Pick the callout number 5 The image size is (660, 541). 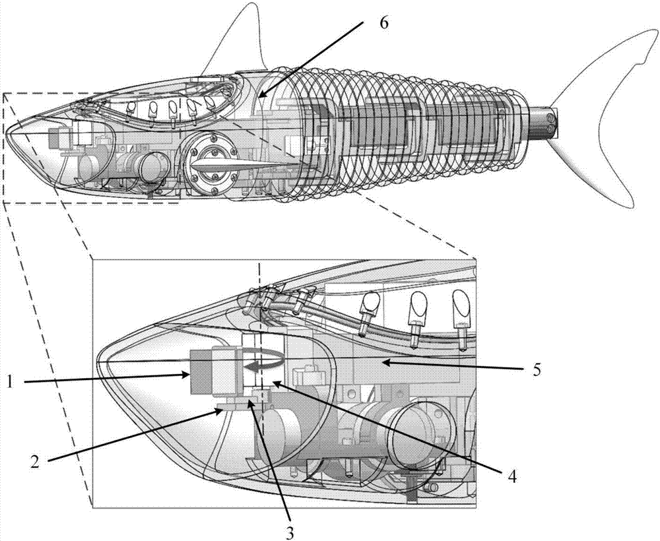[x=538, y=370]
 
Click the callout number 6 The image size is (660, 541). [x=385, y=24]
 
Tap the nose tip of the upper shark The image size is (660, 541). [x=9, y=135]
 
